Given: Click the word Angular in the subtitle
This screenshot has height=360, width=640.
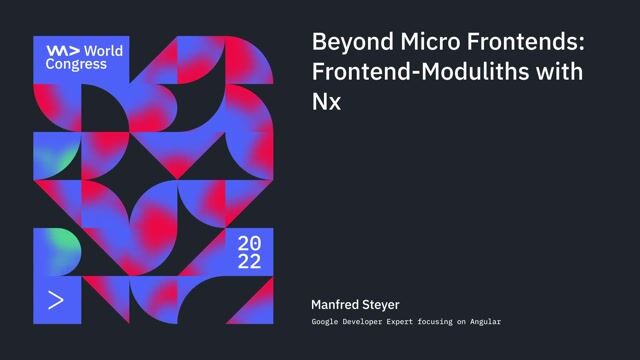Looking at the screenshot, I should point(483,322).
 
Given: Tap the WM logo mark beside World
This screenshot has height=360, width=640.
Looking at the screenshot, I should point(60,49).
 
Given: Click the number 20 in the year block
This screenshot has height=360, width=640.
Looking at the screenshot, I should point(249,243).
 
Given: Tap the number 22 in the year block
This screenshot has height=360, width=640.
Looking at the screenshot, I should point(249,262).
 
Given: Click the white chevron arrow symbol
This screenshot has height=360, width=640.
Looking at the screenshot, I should point(56,299).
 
